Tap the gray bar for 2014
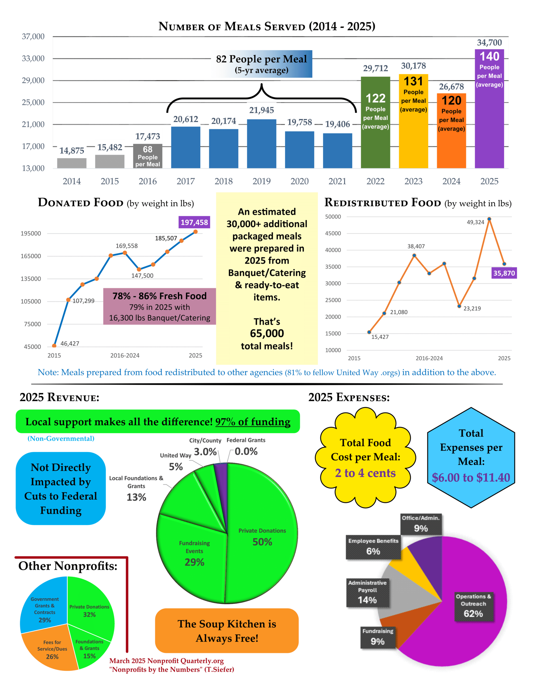[71, 163]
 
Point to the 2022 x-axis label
[375, 181]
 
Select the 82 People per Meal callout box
[261, 64]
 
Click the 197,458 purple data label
[194, 222]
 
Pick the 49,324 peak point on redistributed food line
[489, 219]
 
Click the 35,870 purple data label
[504, 273]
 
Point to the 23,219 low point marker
[459, 306]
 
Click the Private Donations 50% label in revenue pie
[262, 537]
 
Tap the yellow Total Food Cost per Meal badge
[365, 457]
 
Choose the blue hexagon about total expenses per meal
[471, 457]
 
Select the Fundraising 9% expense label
[378, 637]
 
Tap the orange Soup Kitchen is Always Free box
[227, 631]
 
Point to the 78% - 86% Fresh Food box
[160, 306]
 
